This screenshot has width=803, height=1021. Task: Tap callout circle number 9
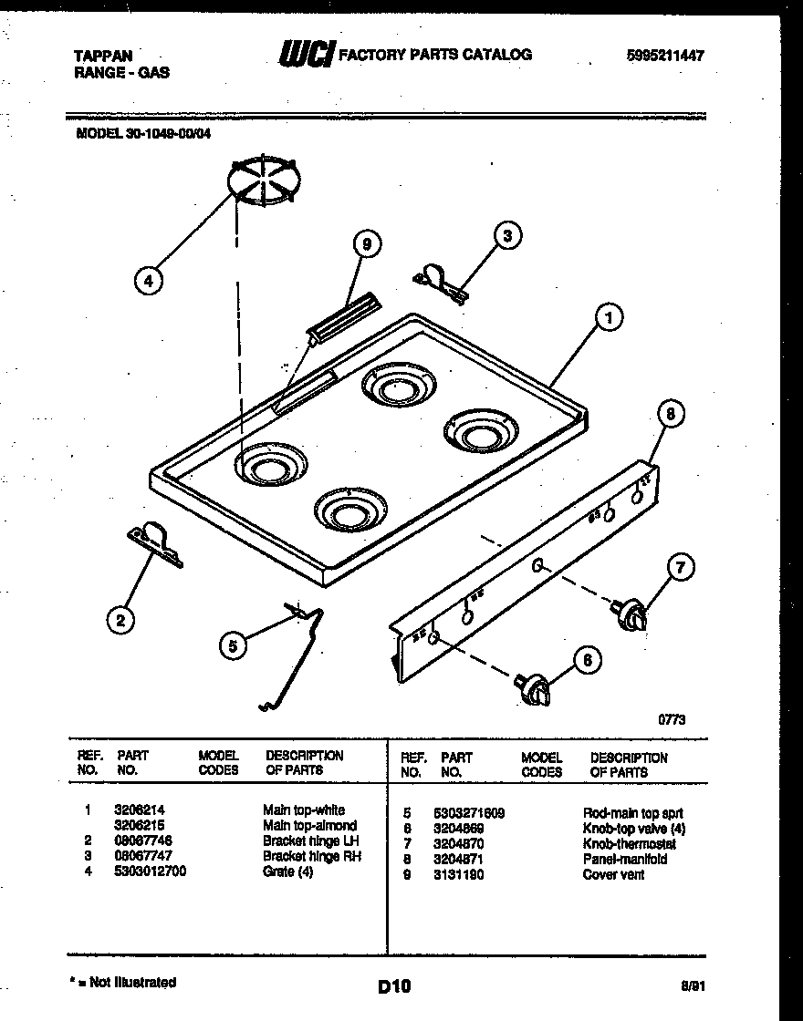tap(366, 243)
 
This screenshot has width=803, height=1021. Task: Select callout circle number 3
tap(507, 236)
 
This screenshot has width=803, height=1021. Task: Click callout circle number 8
tap(671, 415)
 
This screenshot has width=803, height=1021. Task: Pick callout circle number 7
tap(679, 568)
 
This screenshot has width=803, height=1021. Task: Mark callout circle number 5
tap(234, 645)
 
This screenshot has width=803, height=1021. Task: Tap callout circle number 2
tap(120, 621)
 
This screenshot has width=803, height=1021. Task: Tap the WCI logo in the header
tap(307, 54)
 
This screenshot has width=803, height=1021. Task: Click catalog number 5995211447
tap(665, 55)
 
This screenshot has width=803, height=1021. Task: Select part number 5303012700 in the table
tap(151, 872)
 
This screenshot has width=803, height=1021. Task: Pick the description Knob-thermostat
tap(629, 844)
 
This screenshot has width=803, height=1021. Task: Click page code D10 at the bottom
tap(394, 985)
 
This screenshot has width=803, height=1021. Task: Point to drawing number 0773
tap(672, 719)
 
